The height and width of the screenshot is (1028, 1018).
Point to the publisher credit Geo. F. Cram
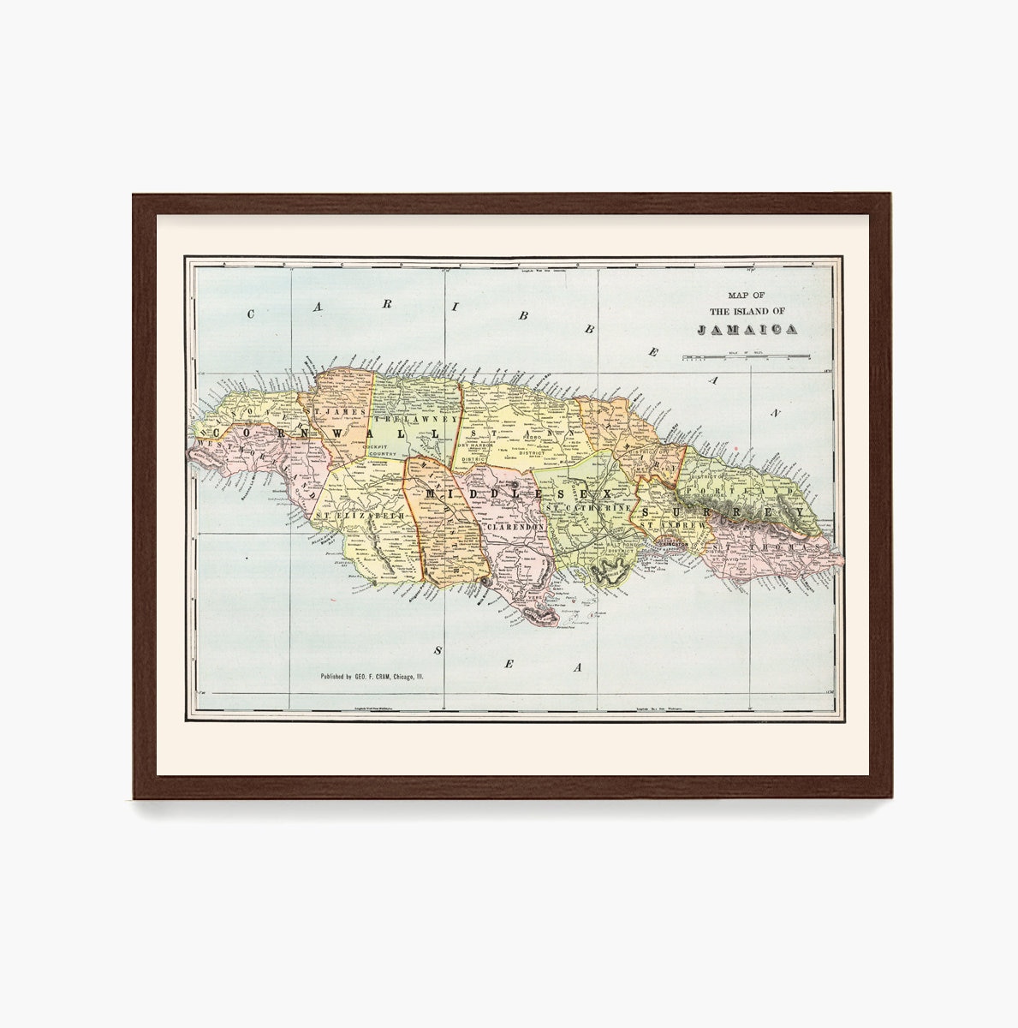(372, 677)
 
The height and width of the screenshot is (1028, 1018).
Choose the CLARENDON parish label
(515, 528)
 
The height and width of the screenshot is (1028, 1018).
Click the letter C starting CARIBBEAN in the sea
(251, 314)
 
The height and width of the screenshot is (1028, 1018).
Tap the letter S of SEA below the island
(437, 651)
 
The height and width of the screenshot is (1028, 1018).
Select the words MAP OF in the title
(747, 294)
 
